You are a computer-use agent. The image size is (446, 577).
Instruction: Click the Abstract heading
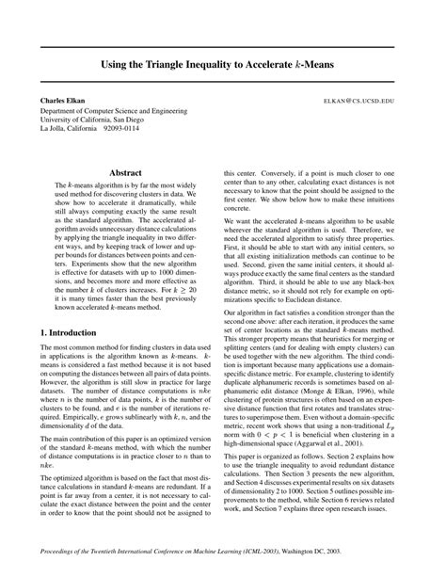coord(125,174)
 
